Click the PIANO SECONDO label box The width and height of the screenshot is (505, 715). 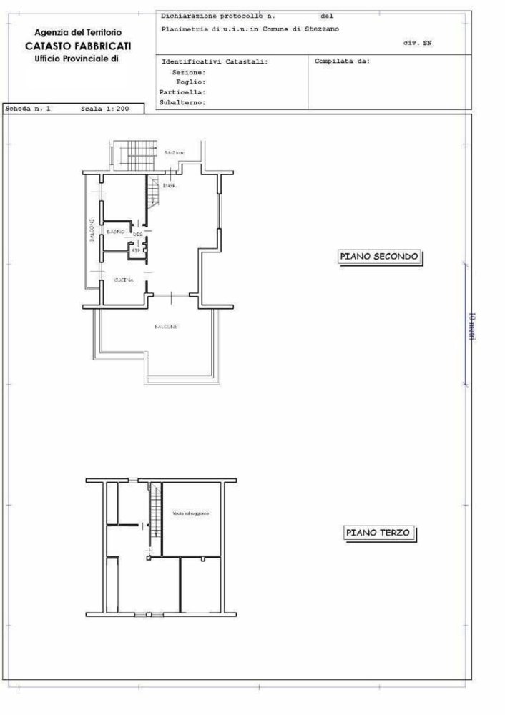379,257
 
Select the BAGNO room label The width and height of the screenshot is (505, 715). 116,232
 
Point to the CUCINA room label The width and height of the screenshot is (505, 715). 124,280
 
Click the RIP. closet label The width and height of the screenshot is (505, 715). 136,250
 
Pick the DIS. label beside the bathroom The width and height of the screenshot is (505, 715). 138,234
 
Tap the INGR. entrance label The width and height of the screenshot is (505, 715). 170,186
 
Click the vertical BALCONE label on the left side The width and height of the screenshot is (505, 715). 92,230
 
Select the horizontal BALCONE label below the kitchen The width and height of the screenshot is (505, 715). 165,327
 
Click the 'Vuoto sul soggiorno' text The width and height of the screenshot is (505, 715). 190,514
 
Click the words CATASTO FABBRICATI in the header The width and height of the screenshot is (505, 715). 78,46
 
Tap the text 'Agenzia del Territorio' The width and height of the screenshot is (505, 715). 78,33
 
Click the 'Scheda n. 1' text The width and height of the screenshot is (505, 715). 29,109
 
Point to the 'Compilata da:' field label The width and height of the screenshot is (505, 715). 341,61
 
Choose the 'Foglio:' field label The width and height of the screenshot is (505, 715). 190,82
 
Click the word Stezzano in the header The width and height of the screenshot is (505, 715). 323,29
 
